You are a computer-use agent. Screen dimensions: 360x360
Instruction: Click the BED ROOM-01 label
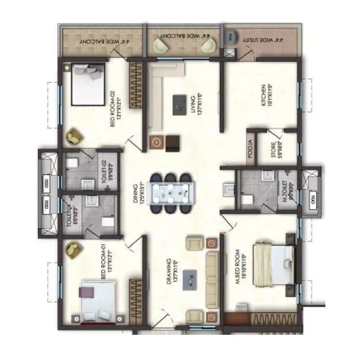[x=105, y=262]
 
